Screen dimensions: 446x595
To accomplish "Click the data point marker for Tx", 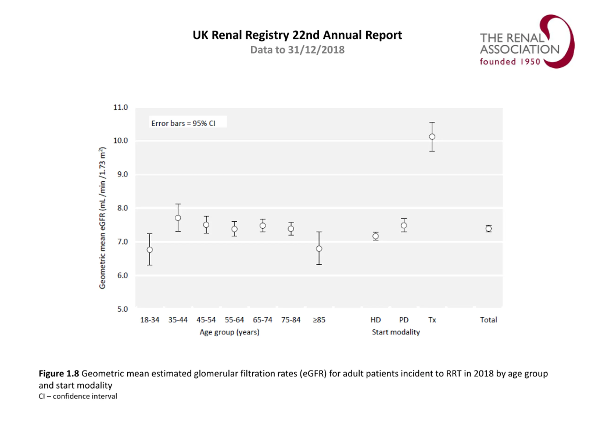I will pos(432,137).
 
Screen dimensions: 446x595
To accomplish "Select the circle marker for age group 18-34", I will pos(150,250).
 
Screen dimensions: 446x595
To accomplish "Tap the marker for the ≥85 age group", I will pos(319,249).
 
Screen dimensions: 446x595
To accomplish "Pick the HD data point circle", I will pos(376,236).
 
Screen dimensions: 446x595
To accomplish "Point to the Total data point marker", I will pos(489,229).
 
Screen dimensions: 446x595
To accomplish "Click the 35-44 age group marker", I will pos(178,218).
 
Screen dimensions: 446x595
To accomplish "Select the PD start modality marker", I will pos(404,226).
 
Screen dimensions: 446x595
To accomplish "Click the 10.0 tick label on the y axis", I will pos(120,141).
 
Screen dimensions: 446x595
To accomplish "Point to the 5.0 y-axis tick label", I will pos(122,309).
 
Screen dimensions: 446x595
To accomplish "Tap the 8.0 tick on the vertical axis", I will pos(122,208).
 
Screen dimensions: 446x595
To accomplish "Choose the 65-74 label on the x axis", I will pos(263,320).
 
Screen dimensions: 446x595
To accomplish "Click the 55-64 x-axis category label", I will pos(234,320).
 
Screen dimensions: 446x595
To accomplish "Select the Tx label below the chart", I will pos(432,320).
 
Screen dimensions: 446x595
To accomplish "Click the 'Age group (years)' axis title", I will pos(229,332).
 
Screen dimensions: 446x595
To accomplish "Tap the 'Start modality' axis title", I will pos(396,332).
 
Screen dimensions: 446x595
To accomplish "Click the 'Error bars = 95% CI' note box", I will pos(188,123).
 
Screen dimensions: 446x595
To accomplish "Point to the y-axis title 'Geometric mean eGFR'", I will pos(102,218).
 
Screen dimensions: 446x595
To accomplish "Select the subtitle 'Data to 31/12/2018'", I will pos(297,50).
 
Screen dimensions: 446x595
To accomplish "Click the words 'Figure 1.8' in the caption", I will pos(59,374).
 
